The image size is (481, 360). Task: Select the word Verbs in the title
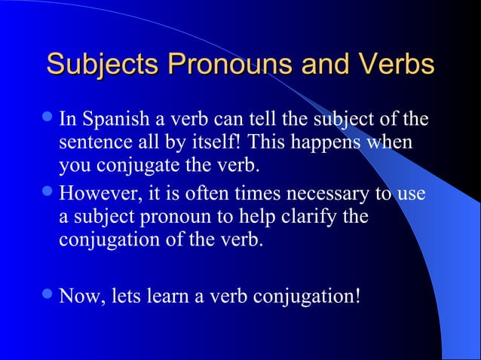[397, 64]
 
